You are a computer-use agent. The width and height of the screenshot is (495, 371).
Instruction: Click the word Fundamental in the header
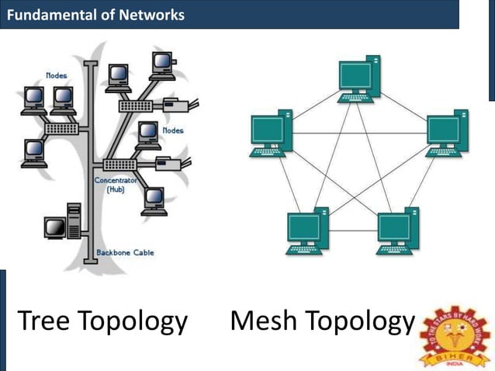click(47, 14)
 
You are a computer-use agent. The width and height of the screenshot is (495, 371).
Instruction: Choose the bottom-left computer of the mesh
click(306, 231)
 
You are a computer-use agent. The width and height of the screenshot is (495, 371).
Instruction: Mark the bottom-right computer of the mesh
click(398, 231)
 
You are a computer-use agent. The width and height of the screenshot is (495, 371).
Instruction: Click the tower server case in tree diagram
click(74, 221)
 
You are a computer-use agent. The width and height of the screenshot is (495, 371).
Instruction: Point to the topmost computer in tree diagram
click(162, 64)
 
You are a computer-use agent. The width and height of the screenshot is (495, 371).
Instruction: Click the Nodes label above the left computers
click(57, 75)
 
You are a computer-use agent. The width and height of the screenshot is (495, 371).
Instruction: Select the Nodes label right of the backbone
click(172, 130)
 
